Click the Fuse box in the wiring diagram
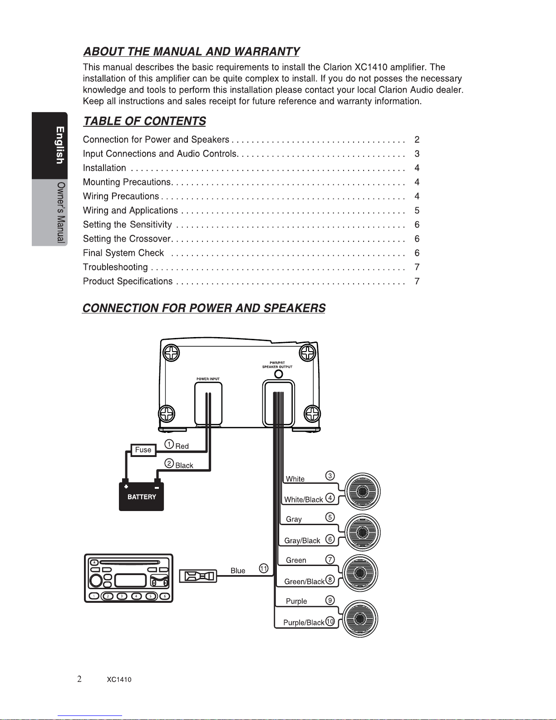(143, 450)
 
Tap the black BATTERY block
(141, 496)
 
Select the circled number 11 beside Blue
(263, 569)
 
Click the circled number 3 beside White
(330, 476)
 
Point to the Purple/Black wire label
(304, 623)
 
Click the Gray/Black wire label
(302, 541)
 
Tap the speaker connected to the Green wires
(360, 573)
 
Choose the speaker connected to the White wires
(362, 491)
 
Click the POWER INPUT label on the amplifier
(208, 379)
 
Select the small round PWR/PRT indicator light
(279, 374)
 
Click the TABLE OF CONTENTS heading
(145, 121)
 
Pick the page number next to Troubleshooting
(417, 267)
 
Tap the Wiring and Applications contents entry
(130, 210)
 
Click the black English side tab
(49, 145)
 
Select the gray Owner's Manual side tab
(49, 213)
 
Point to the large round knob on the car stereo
(96, 581)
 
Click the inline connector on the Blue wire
(198, 576)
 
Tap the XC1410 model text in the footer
(119, 680)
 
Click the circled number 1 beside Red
(169, 444)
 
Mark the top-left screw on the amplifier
(171, 353)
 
